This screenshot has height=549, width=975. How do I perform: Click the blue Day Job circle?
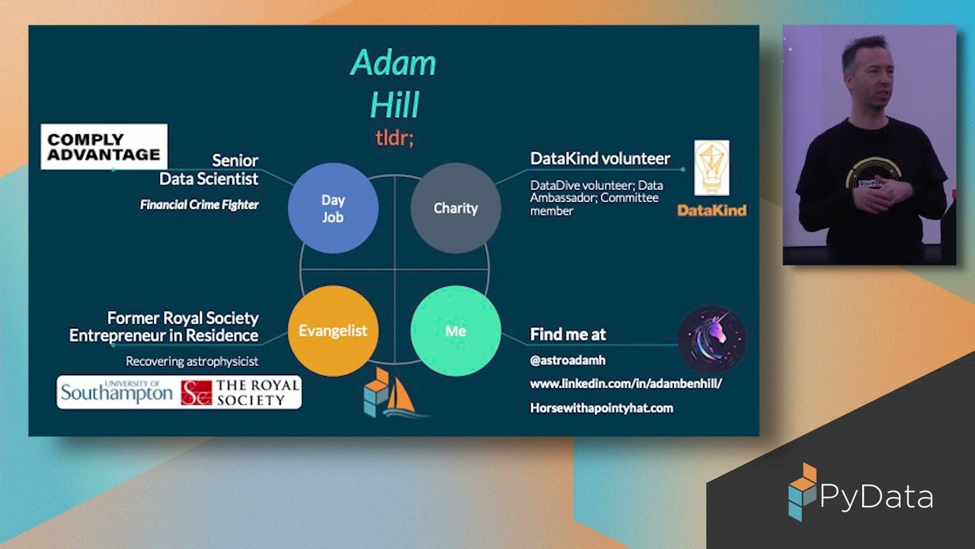pos(333,208)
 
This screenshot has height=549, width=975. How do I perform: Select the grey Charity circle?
pos(456,208)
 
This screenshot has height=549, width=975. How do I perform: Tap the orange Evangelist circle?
pos(333,331)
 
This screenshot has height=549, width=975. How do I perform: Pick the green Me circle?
pos(456,331)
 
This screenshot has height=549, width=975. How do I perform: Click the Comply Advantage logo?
pos(104,146)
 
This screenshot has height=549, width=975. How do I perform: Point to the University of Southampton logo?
pos(117,392)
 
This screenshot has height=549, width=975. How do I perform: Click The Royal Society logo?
pos(240,392)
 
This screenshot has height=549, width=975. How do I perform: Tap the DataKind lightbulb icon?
pos(711,168)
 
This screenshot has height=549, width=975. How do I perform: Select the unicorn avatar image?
pos(711,339)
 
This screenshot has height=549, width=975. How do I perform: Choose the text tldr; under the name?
pos(394,137)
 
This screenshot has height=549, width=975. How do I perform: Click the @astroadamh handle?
pos(567,360)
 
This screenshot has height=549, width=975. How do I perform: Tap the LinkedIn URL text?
pos(625,384)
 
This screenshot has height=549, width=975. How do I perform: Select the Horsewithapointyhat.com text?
pos(601,408)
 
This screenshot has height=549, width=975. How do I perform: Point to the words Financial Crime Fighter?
pos(200,204)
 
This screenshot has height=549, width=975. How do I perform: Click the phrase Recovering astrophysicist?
pos(192,361)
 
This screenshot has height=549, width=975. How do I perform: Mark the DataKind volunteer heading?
pos(600,159)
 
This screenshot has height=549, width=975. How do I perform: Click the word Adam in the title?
pos(393,63)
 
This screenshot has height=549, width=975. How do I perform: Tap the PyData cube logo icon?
pos(801,492)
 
